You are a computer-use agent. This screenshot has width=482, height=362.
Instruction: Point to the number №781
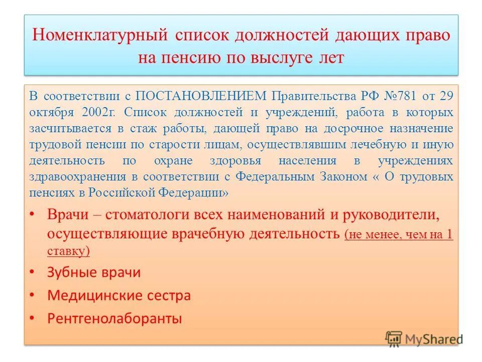(388, 96)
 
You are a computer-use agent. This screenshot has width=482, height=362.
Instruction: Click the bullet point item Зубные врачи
(94, 273)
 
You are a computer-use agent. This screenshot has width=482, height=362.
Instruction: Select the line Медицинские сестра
(119, 295)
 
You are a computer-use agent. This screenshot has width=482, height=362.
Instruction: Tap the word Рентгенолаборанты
(114, 318)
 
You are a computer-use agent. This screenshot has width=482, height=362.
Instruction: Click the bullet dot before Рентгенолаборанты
(32, 318)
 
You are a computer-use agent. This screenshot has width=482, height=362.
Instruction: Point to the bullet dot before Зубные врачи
(32, 273)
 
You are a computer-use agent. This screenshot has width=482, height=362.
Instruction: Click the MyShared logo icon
(394, 338)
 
